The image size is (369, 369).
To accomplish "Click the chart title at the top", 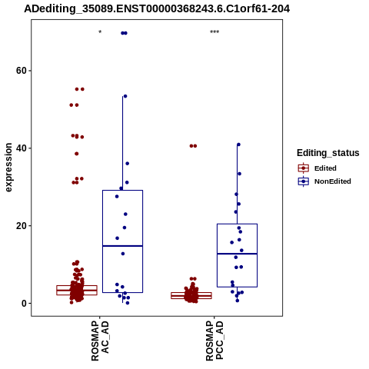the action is click(x=157, y=9).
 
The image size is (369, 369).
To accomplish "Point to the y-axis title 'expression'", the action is click(x=8, y=168).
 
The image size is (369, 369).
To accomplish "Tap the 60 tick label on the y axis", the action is click(x=22, y=71).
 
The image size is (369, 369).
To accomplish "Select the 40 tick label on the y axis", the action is click(x=22, y=148).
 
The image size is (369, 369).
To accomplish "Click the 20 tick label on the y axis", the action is click(x=22, y=226).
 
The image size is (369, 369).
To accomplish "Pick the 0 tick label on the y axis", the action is click(x=25, y=304).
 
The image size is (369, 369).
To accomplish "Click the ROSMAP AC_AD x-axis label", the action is click(x=100, y=341).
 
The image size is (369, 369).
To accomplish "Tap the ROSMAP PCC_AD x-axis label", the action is click(x=214, y=341).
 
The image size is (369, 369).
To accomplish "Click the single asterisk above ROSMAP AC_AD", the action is click(x=100, y=32).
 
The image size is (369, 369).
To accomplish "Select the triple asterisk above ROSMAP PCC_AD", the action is click(x=214, y=32).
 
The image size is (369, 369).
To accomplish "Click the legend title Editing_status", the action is click(x=328, y=153).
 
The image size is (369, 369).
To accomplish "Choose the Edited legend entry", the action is click(x=325, y=168).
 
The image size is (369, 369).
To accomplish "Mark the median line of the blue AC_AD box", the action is click(x=122, y=246).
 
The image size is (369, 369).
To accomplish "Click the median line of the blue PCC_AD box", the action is click(x=237, y=254).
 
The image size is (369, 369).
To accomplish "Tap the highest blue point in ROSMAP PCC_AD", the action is click(x=238, y=145).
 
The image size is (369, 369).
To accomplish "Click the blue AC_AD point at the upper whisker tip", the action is click(x=125, y=96).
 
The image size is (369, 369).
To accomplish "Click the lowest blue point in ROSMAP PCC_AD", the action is click(x=238, y=301).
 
